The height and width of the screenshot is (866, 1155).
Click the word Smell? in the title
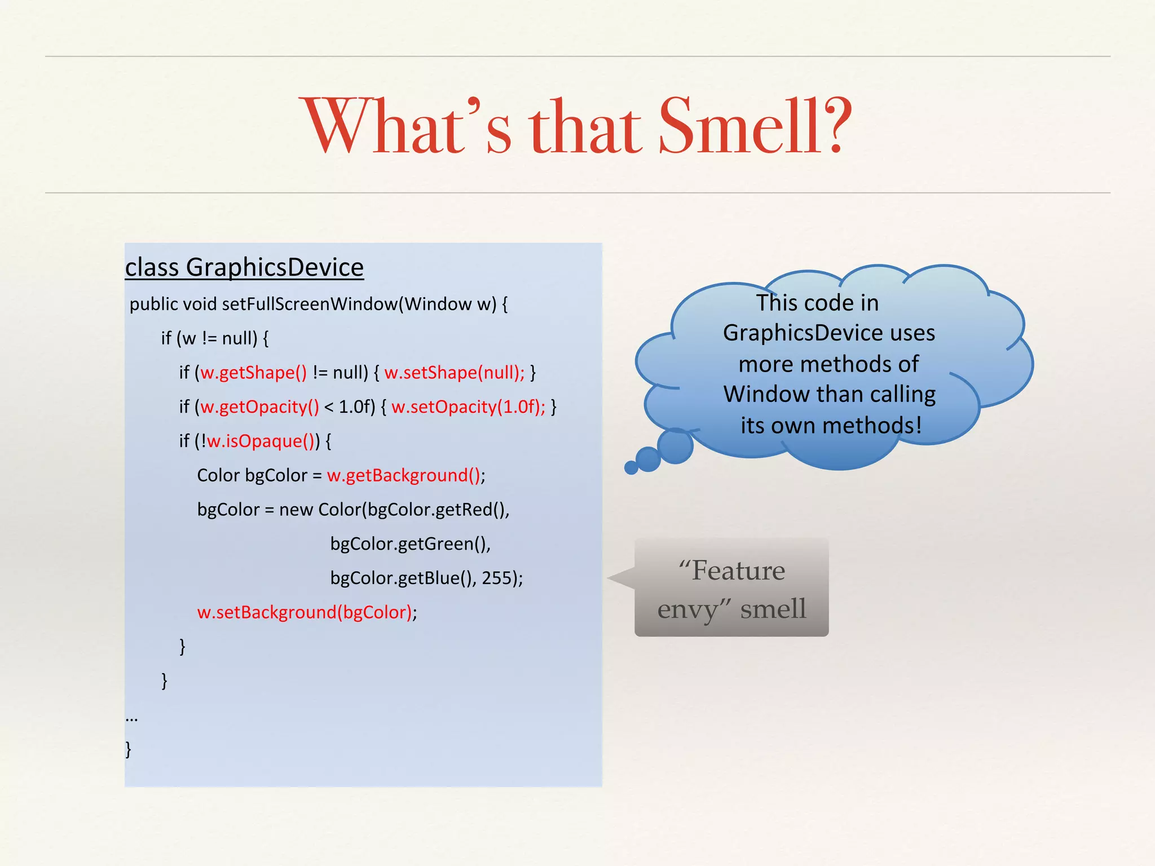(x=755, y=127)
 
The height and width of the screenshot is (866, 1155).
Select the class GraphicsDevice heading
(x=244, y=267)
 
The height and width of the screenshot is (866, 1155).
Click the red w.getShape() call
(x=254, y=373)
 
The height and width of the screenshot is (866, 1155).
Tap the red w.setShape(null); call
(x=455, y=373)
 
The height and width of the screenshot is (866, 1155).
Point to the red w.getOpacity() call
(x=260, y=407)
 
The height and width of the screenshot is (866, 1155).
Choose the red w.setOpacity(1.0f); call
(x=469, y=407)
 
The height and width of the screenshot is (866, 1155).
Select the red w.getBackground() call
(x=404, y=476)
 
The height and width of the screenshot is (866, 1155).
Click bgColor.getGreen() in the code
(x=409, y=544)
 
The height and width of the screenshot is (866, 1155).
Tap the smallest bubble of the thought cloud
(x=631, y=467)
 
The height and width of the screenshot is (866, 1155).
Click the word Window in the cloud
(x=766, y=395)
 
